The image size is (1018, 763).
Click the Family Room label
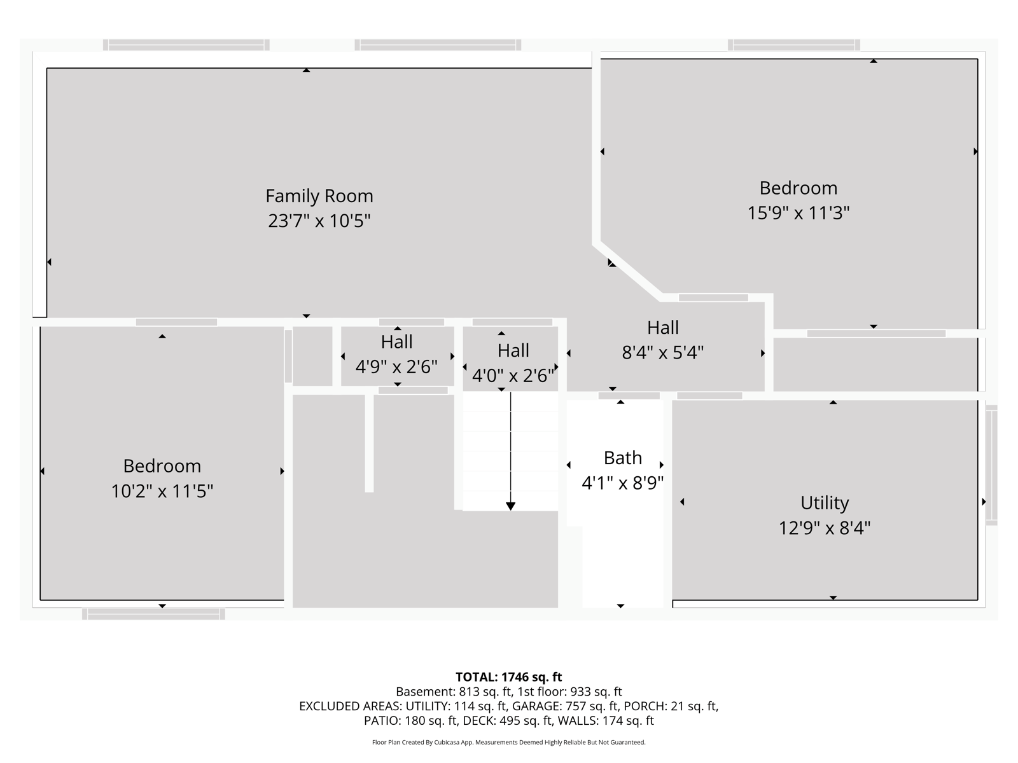click(319, 196)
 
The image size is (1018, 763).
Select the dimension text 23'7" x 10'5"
click(319, 221)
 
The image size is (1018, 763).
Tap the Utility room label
click(825, 503)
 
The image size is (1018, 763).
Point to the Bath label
click(622, 458)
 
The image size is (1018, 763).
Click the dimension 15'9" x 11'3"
click(798, 213)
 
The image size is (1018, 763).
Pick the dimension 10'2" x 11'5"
click(162, 491)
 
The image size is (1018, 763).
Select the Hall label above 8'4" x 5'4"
click(663, 327)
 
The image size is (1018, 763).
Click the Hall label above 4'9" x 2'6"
click(396, 342)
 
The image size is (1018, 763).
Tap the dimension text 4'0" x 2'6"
click(513, 375)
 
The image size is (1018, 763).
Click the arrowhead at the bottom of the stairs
click(511, 506)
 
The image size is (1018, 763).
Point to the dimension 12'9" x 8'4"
click(825, 528)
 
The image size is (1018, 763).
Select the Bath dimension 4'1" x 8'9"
click(622, 483)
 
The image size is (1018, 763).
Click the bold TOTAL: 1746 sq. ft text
click(509, 677)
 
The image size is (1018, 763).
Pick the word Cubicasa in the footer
click(446, 742)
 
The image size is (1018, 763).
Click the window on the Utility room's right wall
click(991, 465)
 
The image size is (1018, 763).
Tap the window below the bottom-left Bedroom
click(153, 614)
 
